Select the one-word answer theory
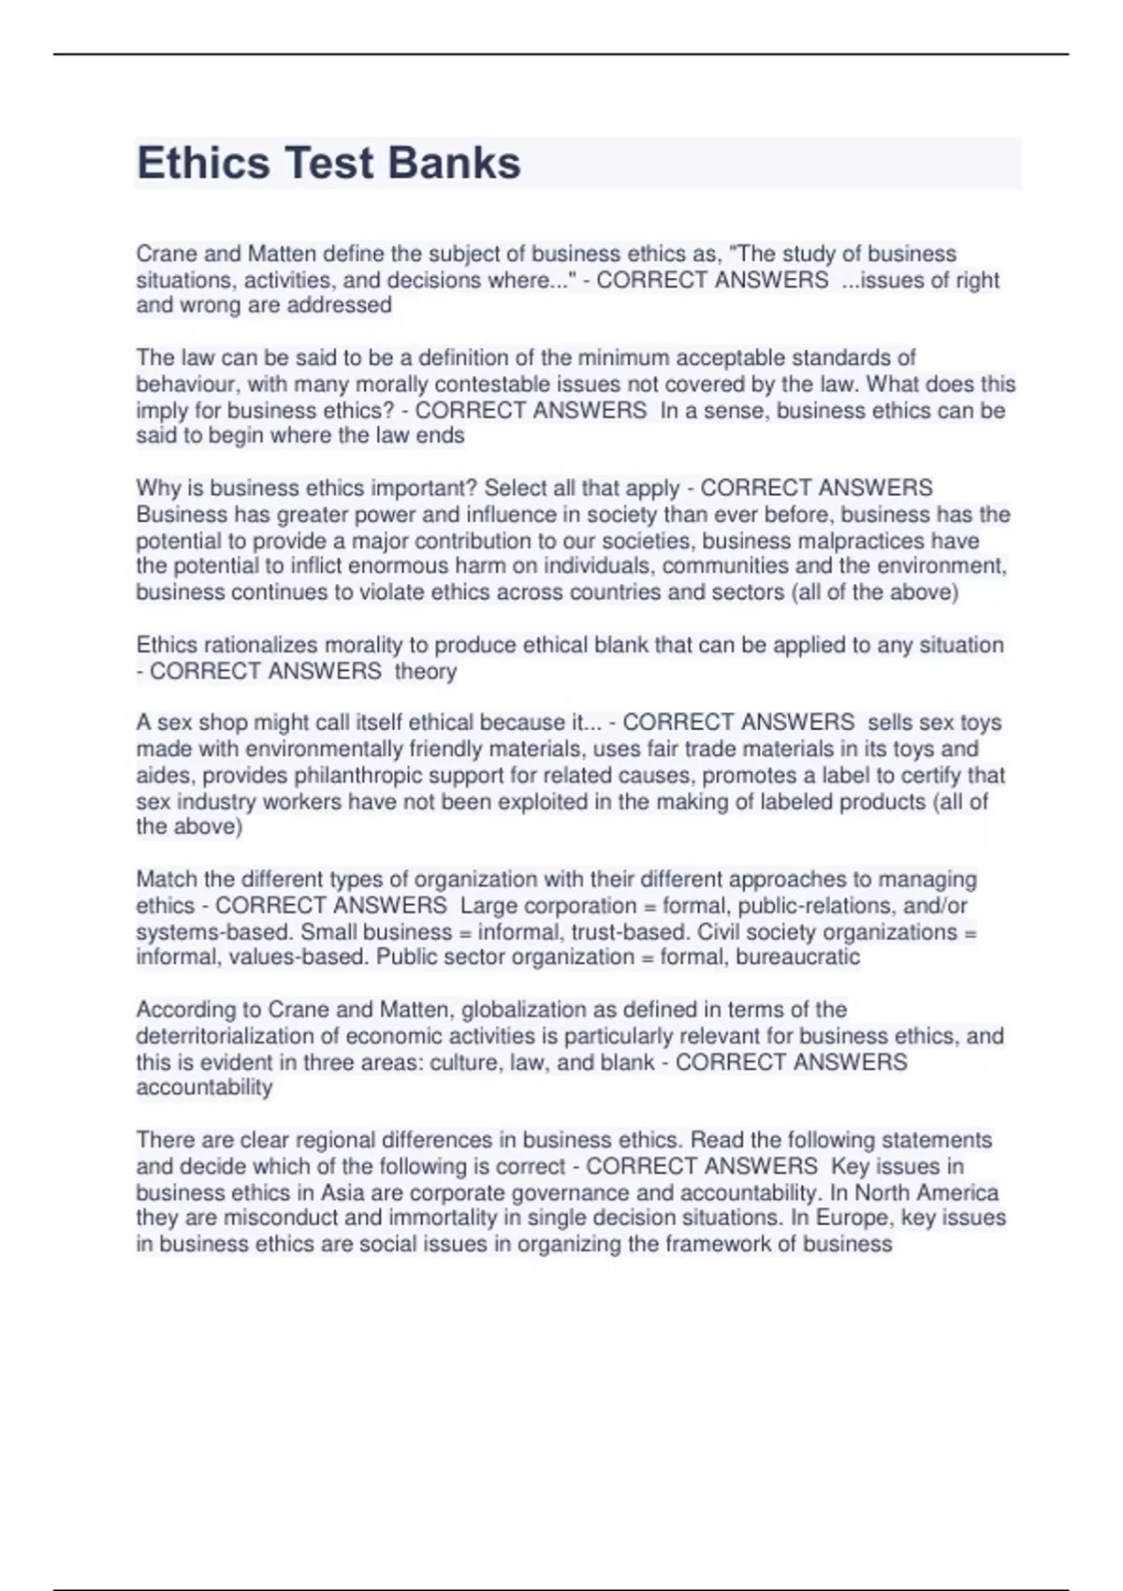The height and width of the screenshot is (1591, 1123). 426,671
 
